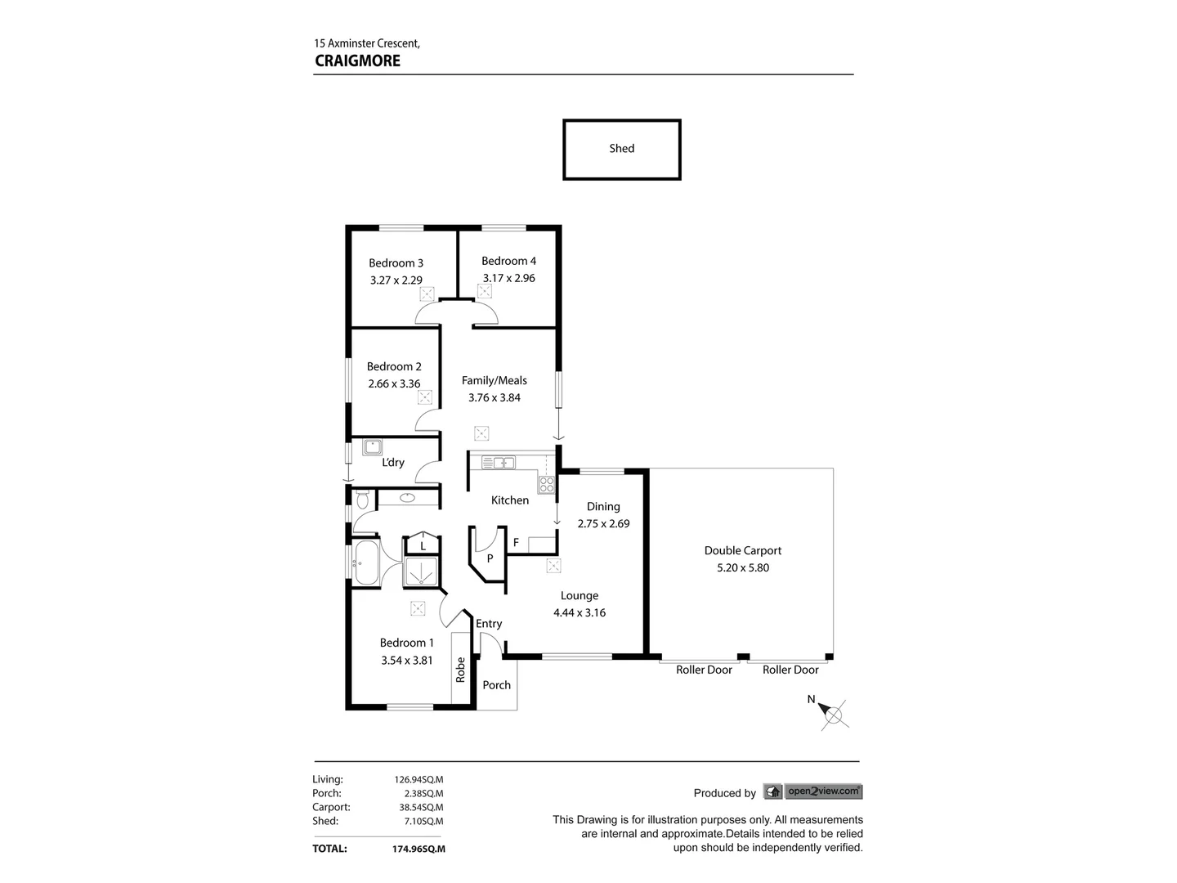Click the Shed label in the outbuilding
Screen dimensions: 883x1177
tap(621, 149)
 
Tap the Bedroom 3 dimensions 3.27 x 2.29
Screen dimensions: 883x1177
tap(396, 280)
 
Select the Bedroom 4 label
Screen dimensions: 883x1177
tap(508, 261)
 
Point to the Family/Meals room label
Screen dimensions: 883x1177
tap(494, 380)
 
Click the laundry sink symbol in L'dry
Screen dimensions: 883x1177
tap(373, 447)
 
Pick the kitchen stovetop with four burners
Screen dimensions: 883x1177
tap(546, 483)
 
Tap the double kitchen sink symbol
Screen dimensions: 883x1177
tap(498, 463)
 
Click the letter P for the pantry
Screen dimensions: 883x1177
tap(490, 558)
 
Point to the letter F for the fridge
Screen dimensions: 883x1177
tap(516, 542)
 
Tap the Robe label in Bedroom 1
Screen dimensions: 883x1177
tap(461, 670)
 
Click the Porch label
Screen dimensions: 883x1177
tap(496, 685)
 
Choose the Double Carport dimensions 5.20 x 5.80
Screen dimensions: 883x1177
tap(742, 568)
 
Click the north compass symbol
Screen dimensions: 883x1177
tap(834, 714)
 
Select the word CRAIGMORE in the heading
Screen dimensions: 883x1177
tap(357, 61)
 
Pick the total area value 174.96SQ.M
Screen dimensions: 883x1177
tap(418, 849)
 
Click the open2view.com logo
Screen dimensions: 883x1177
tap(812, 791)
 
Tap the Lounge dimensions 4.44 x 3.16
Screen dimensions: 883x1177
tap(579, 613)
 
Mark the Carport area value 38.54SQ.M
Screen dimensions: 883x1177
tap(418, 807)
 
